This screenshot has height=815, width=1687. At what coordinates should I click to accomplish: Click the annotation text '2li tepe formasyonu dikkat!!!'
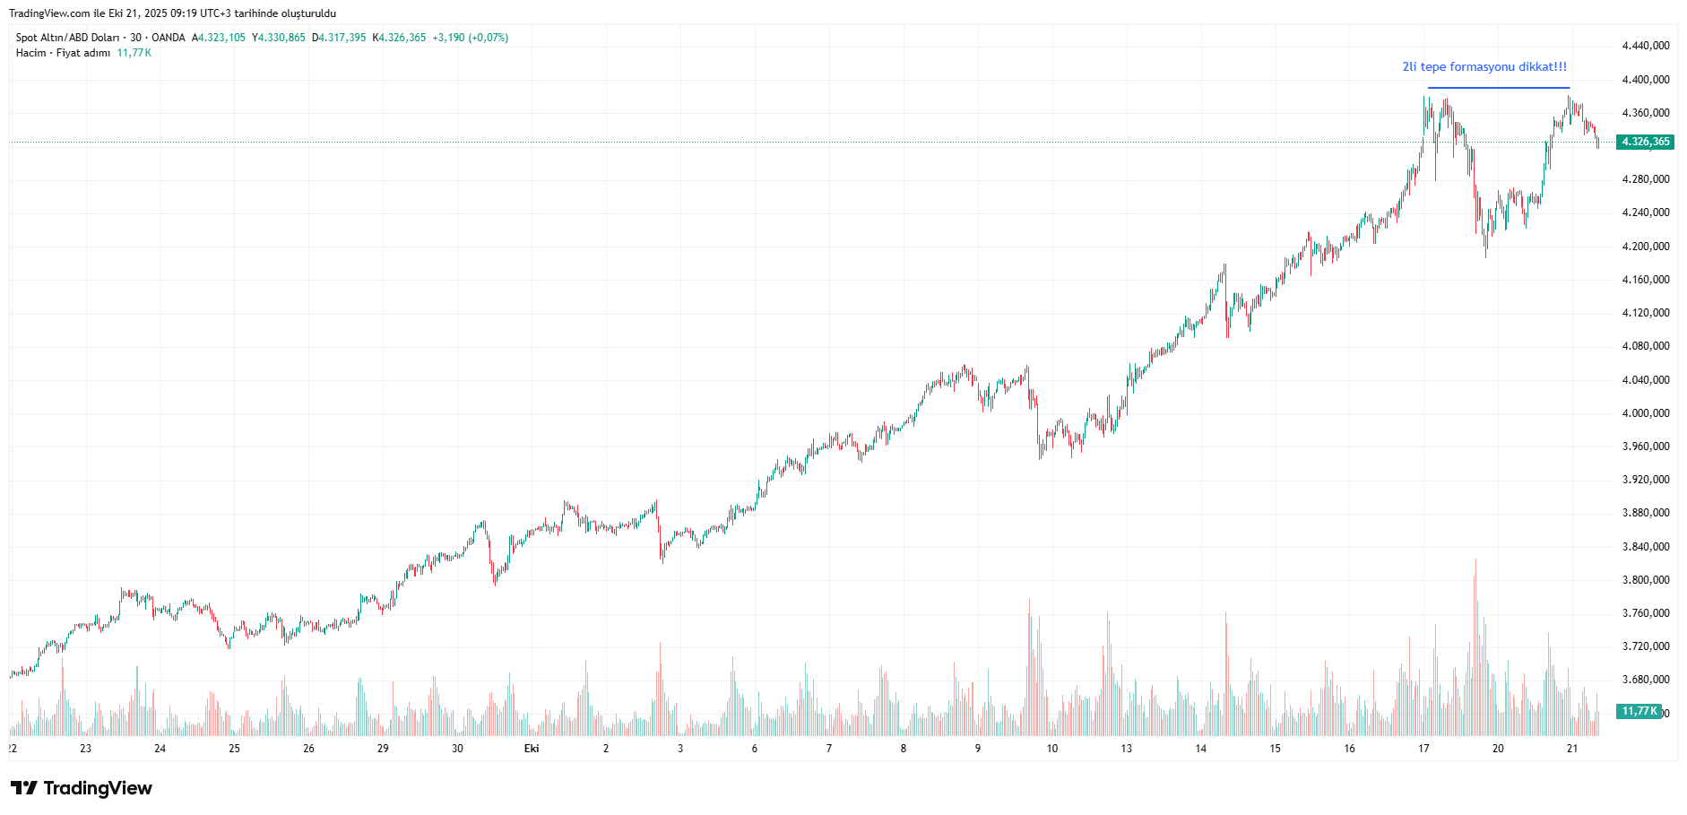(x=1484, y=67)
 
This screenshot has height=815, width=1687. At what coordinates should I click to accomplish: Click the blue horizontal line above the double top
(x=1498, y=88)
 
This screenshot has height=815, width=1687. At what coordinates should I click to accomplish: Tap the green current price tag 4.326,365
(x=1645, y=142)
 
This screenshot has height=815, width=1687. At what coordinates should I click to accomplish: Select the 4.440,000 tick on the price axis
(x=1646, y=46)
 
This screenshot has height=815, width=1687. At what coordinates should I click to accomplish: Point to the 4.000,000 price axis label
(x=1646, y=413)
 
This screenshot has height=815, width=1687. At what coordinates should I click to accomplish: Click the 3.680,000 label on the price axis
(x=1646, y=680)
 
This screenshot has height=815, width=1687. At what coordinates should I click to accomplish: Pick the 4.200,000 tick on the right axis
(x=1646, y=247)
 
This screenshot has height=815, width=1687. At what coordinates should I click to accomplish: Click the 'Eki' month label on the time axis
(x=532, y=749)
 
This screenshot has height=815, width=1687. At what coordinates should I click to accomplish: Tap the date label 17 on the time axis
(x=1423, y=749)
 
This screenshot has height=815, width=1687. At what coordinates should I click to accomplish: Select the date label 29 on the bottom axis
(x=383, y=749)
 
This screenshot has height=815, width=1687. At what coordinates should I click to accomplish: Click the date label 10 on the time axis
(x=1051, y=749)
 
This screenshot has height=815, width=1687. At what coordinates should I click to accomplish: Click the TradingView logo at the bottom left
(x=82, y=788)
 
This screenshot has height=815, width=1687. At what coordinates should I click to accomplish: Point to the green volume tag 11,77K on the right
(x=1639, y=711)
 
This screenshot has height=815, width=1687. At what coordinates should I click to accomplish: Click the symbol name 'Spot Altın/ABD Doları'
(x=67, y=38)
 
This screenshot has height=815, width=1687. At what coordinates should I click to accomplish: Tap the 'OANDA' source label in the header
(x=169, y=38)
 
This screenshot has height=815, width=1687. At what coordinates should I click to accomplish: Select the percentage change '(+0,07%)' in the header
(x=489, y=38)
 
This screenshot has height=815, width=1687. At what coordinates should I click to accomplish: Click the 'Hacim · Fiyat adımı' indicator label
(x=63, y=53)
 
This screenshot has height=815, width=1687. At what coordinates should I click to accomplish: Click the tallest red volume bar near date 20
(x=1475, y=628)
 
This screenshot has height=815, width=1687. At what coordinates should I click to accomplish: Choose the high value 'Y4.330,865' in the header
(x=279, y=38)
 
